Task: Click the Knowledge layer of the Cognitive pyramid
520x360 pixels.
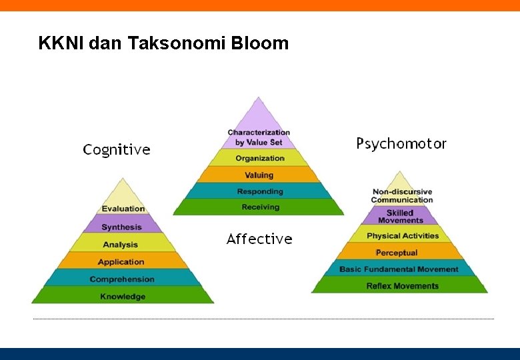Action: click(123, 296)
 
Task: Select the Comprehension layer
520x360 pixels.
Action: click(122, 279)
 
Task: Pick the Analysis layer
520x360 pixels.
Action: click(121, 244)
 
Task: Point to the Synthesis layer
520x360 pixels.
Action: click(121, 227)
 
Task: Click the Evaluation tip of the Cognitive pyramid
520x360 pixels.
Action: click(123, 208)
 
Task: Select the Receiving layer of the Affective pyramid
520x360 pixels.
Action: click(260, 207)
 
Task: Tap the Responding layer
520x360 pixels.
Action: click(260, 191)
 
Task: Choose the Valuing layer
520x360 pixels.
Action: click(259, 175)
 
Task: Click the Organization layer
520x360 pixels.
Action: click(260, 158)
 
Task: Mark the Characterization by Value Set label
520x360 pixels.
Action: click(259, 137)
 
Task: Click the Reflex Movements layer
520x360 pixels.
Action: click(402, 285)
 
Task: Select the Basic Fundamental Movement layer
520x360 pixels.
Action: click(399, 269)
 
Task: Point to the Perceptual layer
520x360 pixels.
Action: click(397, 252)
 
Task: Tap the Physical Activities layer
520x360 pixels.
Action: click(403, 235)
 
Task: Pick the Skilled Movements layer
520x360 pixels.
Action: click(401, 216)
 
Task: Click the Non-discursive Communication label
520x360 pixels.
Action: click(402, 195)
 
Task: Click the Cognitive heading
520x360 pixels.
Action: click(117, 150)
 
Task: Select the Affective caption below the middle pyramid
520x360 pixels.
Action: click(259, 239)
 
